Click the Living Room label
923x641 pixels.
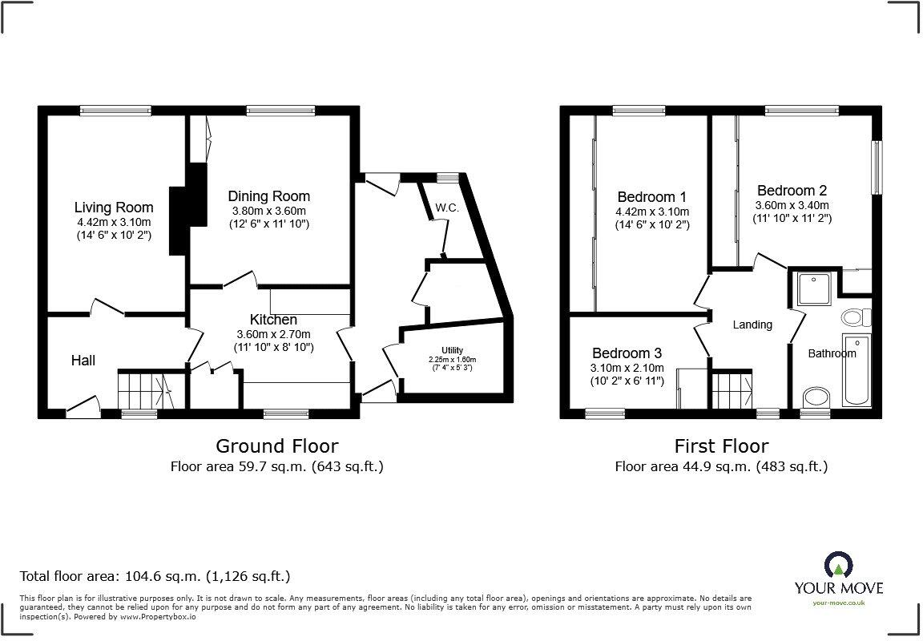click(114, 208)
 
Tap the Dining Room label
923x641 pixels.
click(268, 196)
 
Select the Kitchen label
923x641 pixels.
click(273, 320)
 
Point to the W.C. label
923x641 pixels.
click(446, 208)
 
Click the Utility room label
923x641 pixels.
click(452, 351)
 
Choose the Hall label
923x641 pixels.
click(83, 361)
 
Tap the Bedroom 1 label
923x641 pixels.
click(651, 196)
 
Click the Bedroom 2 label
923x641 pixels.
click(792, 191)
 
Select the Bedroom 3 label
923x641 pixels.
click(627, 353)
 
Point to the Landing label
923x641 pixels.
click(752, 325)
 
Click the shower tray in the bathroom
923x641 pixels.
click(815, 288)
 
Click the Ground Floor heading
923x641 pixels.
click(277, 445)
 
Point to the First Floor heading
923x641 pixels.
click(721, 445)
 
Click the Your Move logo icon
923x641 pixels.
click(838, 564)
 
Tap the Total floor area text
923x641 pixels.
click(155, 575)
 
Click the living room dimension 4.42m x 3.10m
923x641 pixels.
click(114, 222)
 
